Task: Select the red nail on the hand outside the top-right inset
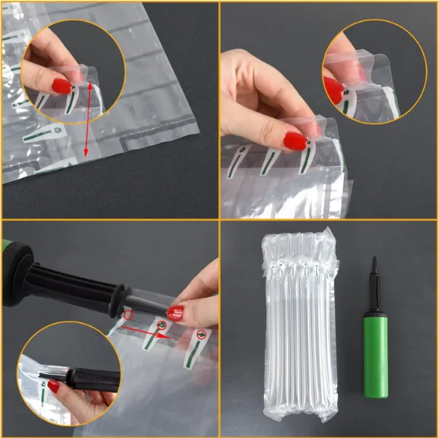[x=295, y=140]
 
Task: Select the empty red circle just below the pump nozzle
[x=128, y=316]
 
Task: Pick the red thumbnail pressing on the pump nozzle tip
[x=175, y=313]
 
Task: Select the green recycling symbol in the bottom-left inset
[x=44, y=389]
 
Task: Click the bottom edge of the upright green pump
[x=377, y=397]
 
